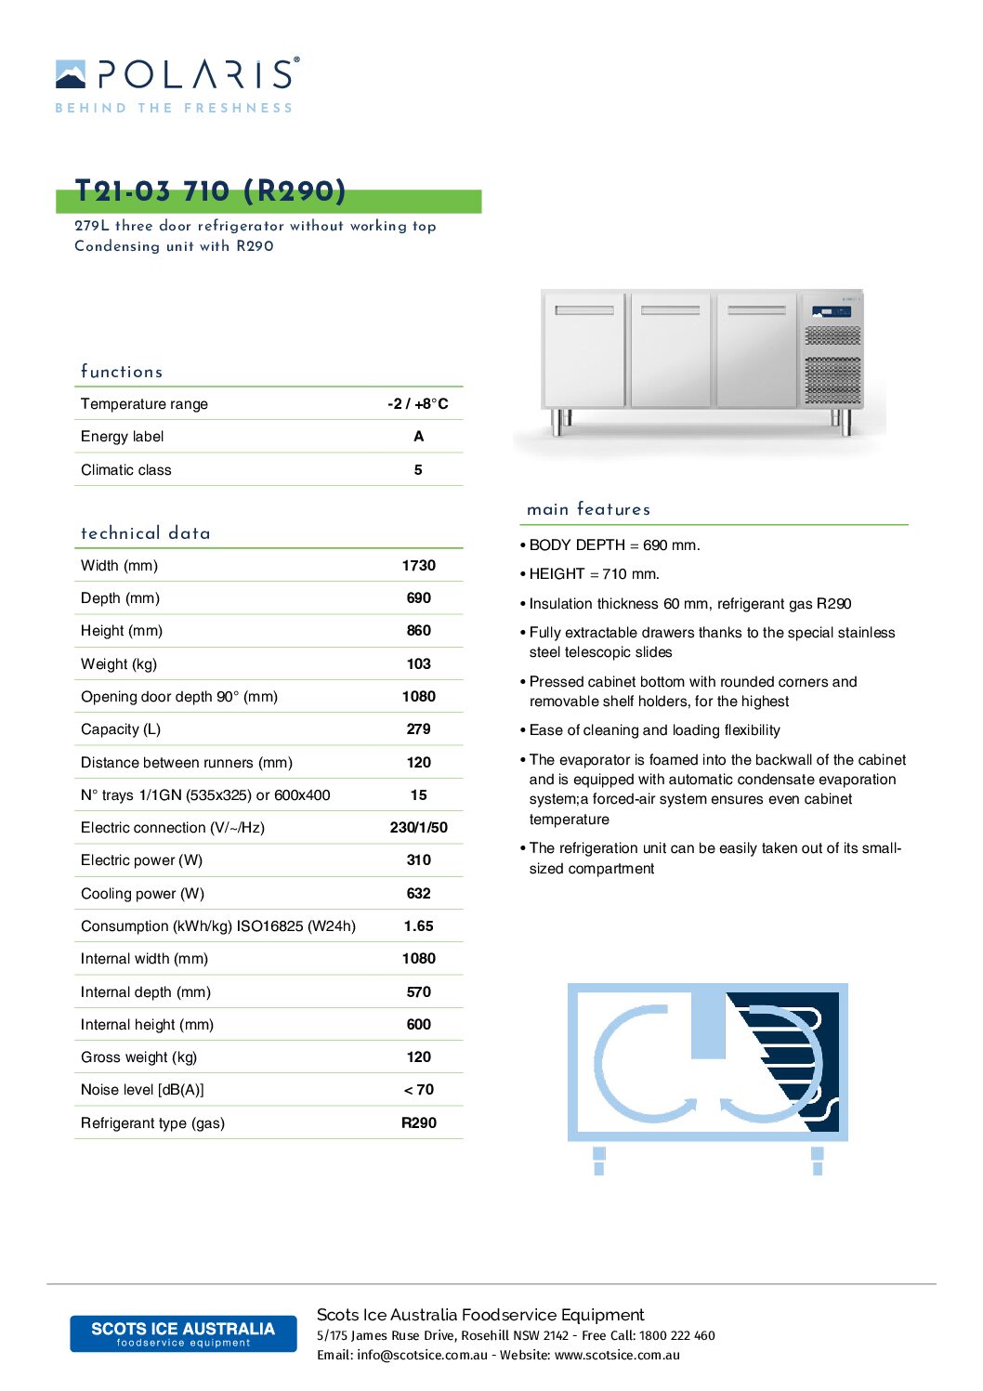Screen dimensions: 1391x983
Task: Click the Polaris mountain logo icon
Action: (x=71, y=74)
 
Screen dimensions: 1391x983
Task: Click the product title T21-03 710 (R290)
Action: (x=211, y=191)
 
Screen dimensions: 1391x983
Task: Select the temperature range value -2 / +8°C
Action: (x=418, y=403)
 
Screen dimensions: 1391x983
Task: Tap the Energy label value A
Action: (x=418, y=437)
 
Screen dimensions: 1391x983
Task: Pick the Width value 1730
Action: (x=418, y=565)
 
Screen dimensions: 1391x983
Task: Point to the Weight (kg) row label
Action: (x=119, y=663)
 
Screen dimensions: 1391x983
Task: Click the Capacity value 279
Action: (x=418, y=729)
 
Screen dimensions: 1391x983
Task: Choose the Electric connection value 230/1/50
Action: (x=418, y=827)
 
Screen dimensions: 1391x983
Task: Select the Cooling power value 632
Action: (x=418, y=893)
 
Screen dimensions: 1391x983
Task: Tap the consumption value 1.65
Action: (x=418, y=925)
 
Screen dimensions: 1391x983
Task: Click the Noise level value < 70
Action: (x=418, y=1089)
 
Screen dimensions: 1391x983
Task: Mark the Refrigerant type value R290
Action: (x=418, y=1122)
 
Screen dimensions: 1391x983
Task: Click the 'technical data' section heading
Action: (x=146, y=533)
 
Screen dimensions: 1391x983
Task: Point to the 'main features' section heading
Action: (x=588, y=509)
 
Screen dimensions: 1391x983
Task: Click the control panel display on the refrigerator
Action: (x=832, y=311)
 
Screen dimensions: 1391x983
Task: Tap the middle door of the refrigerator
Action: (x=671, y=350)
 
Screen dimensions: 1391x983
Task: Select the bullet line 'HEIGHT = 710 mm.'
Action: (x=594, y=574)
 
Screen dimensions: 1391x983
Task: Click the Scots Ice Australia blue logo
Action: (x=183, y=1333)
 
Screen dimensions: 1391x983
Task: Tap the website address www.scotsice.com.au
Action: (x=617, y=1355)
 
